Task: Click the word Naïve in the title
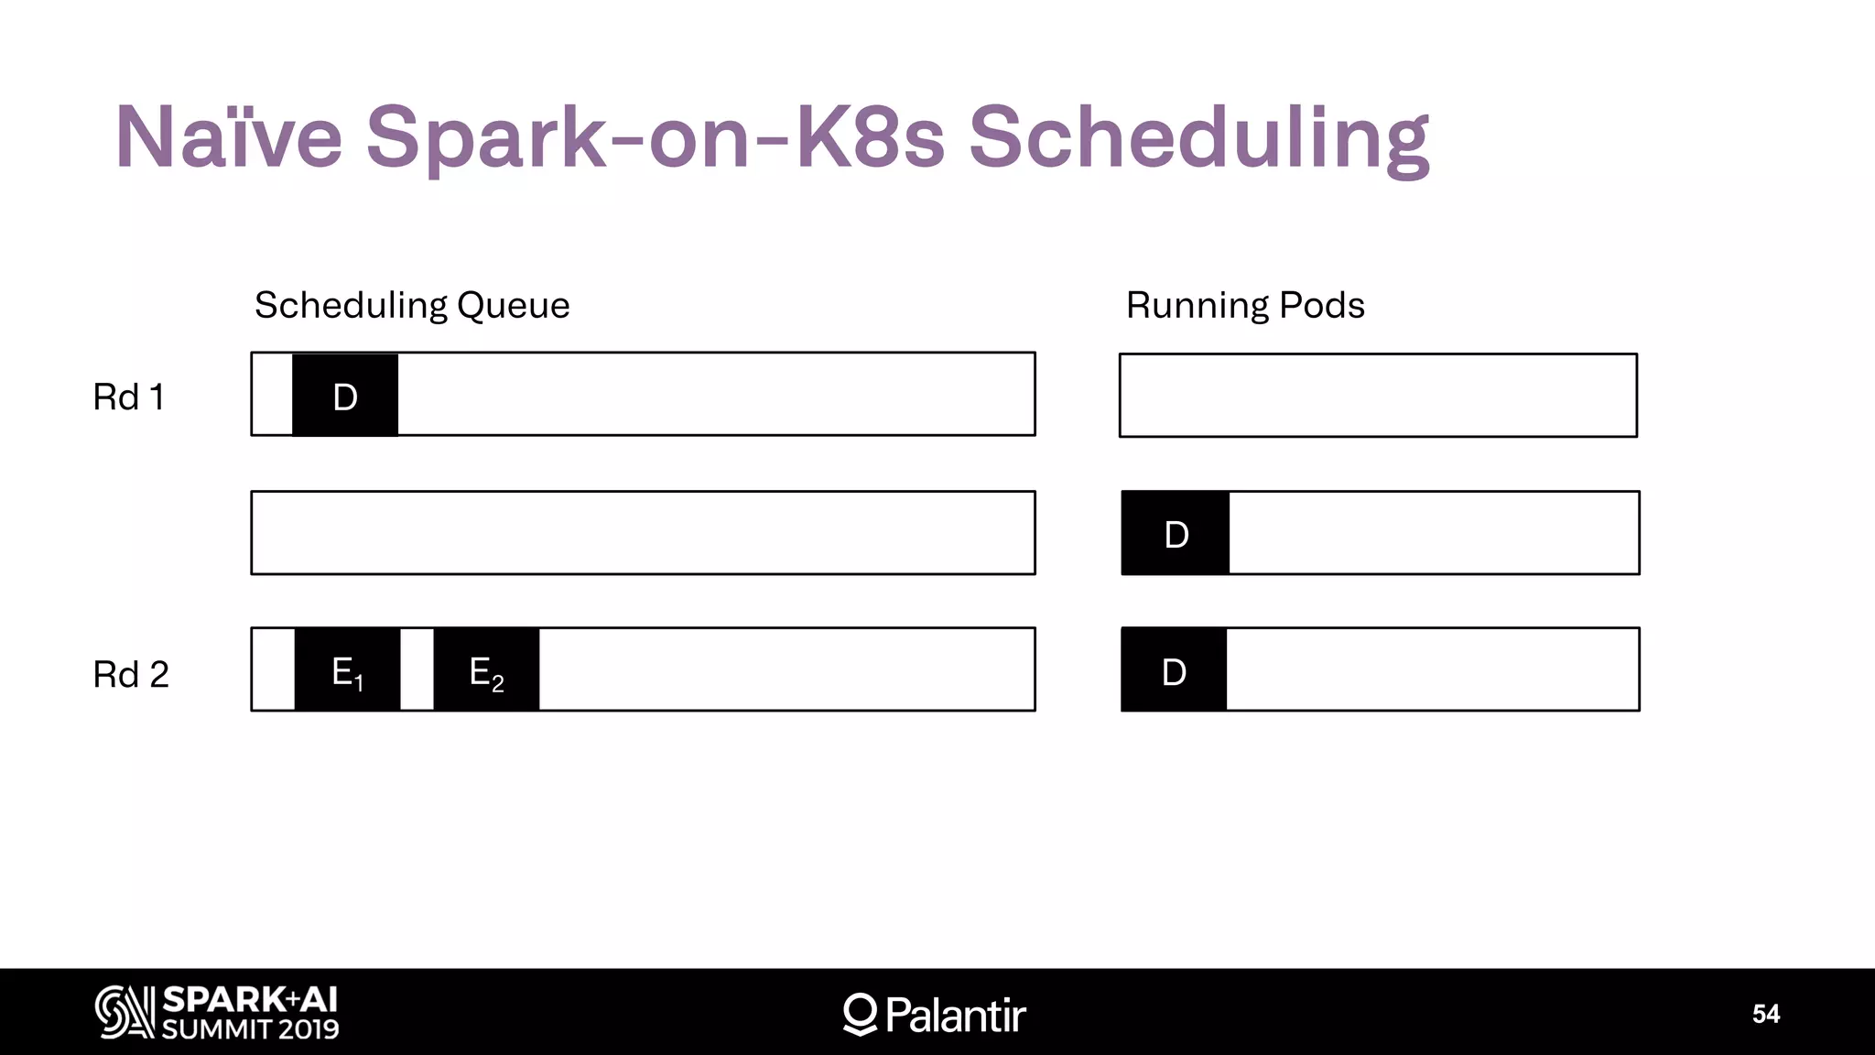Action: click(x=228, y=137)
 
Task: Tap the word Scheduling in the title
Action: click(x=1198, y=137)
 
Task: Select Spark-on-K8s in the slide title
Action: click(x=655, y=137)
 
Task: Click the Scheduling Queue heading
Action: click(x=412, y=305)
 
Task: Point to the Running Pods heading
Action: click(x=1245, y=305)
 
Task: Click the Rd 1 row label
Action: click(x=129, y=397)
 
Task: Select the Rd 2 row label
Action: click(x=131, y=675)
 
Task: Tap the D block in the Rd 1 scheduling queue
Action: click(x=345, y=396)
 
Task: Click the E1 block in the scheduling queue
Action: click(x=347, y=670)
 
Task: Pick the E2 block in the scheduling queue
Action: click(x=486, y=670)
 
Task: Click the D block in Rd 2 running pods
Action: click(x=1174, y=670)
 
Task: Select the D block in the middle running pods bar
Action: click(x=1176, y=534)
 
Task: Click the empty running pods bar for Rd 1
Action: click(x=1378, y=396)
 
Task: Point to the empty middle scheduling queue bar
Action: click(x=643, y=533)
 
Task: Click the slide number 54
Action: click(x=1765, y=1014)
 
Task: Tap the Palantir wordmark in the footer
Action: click(x=956, y=1015)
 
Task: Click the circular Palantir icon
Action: click(x=861, y=1013)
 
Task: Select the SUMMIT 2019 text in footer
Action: click(x=250, y=1029)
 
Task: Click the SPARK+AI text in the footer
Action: click(x=250, y=999)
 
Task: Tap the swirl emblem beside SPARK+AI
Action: click(x=125, y=1012)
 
